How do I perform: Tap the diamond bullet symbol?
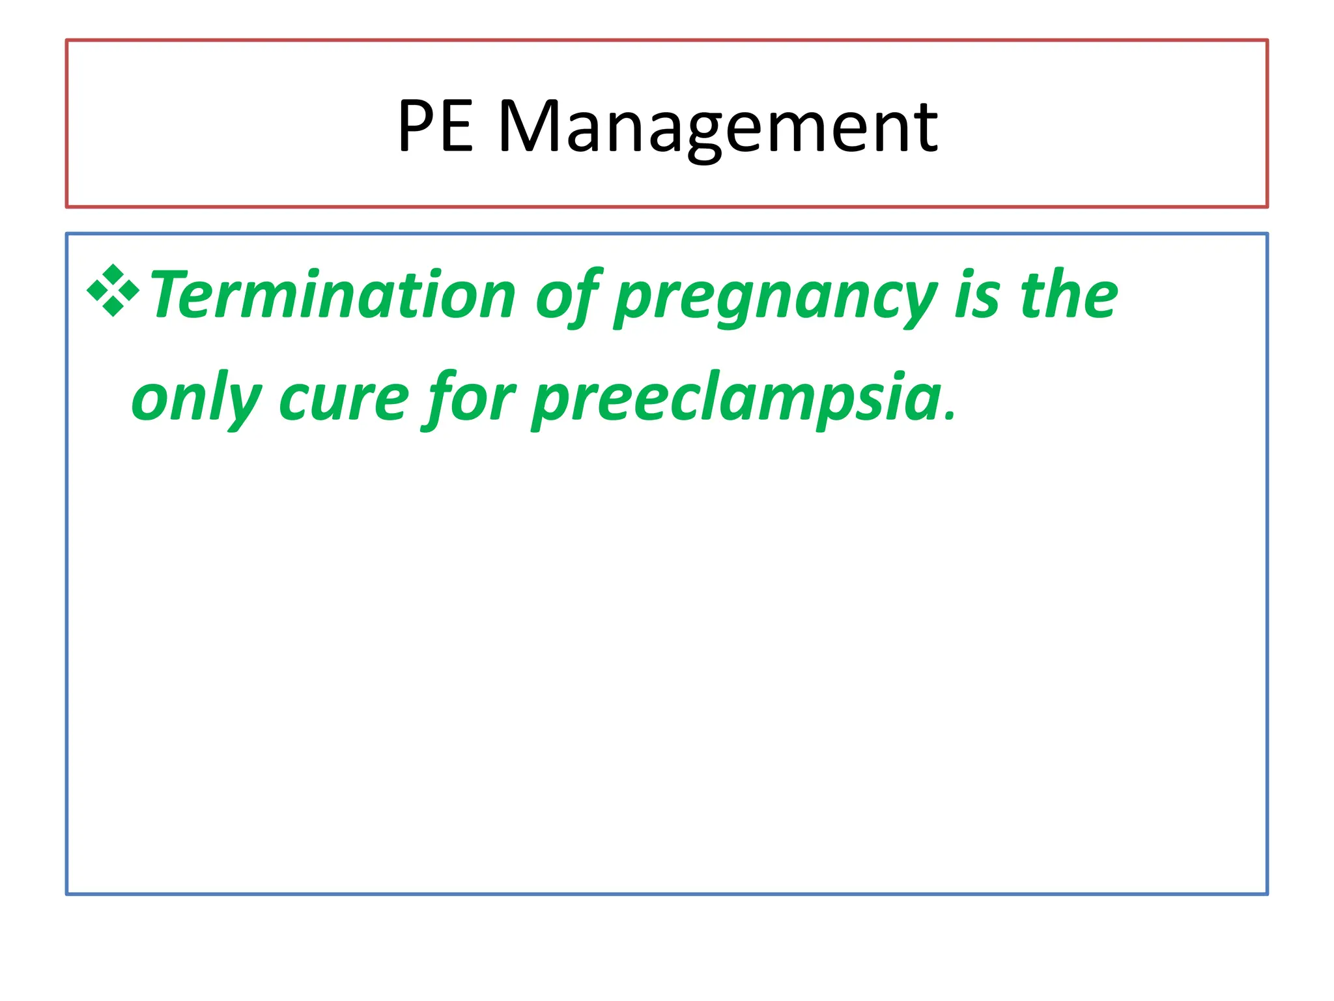(113, 291)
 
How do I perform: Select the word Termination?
(333, 295)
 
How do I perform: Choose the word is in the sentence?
(977, 295)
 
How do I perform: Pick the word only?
(196, 399)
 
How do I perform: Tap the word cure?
(344, 399)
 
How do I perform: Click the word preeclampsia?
(736, 399)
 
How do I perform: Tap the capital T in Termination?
(171, 295)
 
